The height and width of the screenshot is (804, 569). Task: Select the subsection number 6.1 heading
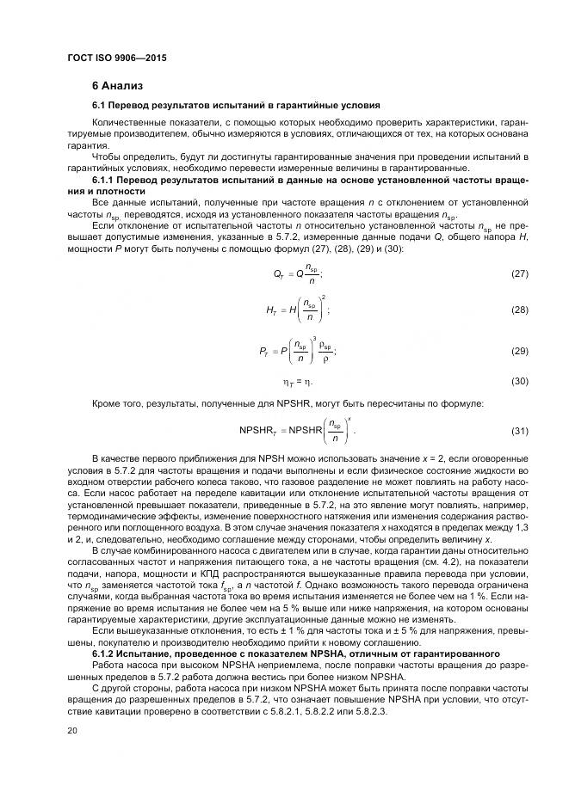click(101, 106)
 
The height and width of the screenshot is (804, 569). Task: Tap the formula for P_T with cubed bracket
click(298, 351)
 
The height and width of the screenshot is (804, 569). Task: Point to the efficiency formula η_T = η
click(298, 381)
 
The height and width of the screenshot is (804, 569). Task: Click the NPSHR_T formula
click(296, 429)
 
